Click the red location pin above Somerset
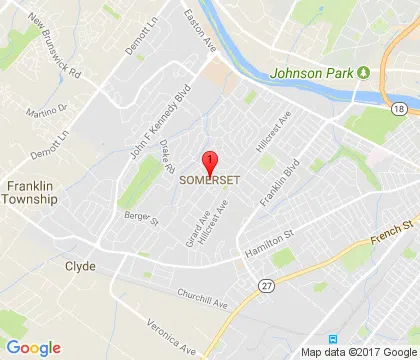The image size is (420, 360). coord(210,163)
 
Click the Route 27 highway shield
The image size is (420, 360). coord(263,286)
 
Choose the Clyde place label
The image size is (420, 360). coord(80,266)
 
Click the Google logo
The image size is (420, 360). coord(34,347)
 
